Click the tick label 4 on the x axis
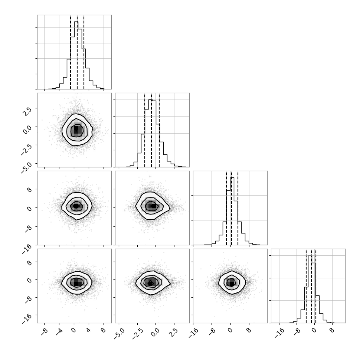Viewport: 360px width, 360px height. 88,330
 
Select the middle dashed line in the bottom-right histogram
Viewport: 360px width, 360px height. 311,286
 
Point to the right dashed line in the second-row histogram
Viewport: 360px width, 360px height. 159,130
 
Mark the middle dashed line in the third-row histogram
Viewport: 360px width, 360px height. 232,209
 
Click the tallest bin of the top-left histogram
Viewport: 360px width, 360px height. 76,55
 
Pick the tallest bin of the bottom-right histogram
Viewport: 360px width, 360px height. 310,289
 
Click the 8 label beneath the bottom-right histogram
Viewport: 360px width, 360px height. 331,330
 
